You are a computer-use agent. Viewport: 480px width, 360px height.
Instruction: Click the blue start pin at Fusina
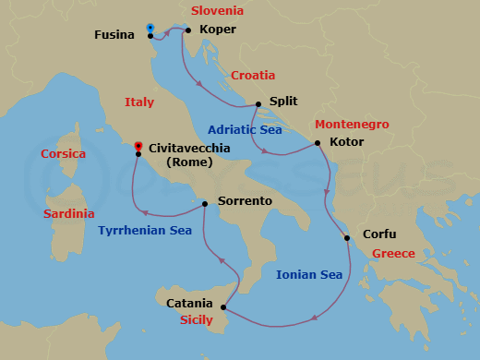point(150,29)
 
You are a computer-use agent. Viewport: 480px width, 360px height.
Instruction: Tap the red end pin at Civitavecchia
point(138,145)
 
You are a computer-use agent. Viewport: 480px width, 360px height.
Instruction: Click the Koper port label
point(218,30)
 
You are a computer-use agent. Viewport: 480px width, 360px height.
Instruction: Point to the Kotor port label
point(346,142)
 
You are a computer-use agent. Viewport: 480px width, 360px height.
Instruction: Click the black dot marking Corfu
point(347,238)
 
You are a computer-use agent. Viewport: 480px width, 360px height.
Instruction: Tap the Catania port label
point(189,303)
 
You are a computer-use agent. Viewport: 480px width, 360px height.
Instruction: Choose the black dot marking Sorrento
point(205,204)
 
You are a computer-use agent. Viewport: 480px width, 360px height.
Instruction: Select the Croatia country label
point(252,76)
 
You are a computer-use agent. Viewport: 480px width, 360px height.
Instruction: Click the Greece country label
point(393,254)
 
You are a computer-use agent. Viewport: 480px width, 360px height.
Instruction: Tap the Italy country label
point(139,102)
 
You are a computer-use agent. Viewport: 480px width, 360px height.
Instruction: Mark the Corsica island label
point(64,153)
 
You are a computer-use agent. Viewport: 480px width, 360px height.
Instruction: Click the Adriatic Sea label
point(245,130)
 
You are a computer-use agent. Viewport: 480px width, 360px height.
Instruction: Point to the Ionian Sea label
point(309,274)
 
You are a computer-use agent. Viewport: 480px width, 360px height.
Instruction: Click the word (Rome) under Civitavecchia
point(188,162)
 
